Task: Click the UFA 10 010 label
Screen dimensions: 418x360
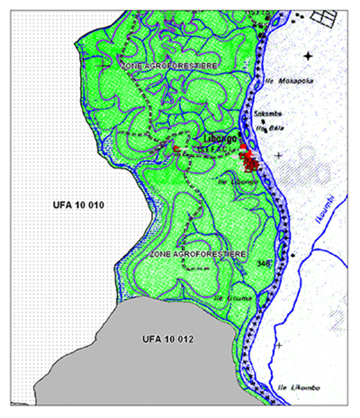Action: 67,206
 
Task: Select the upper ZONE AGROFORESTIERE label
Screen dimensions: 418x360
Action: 167,65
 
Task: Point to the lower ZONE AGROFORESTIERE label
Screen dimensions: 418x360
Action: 192,256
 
